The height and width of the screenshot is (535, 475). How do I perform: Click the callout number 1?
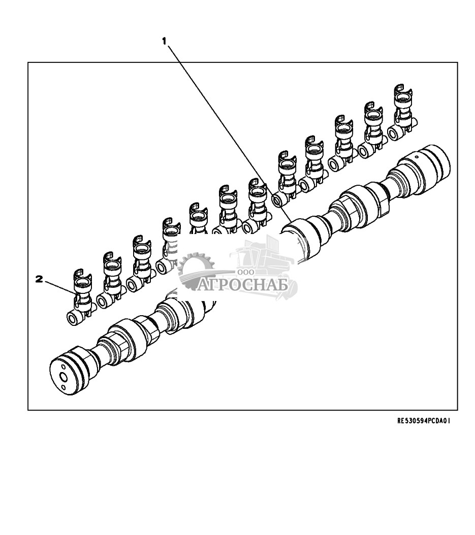(x=164, y=41)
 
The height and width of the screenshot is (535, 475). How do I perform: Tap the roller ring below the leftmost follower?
(x=74, y=319)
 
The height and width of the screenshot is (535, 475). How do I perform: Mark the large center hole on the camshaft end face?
(x=64, y=376)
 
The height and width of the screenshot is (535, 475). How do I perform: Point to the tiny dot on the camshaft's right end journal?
(x=416, y=157)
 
